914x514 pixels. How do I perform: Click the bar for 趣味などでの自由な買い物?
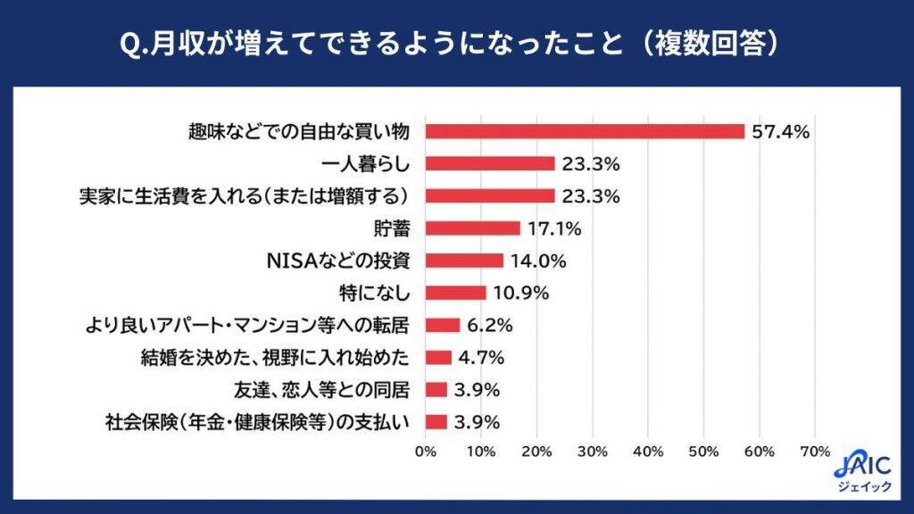pyautogui.click(x=585, y=131)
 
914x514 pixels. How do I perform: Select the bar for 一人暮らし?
pyautogui.click(x=490, y=163)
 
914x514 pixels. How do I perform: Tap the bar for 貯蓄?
pyautogui.click(x=473, y=228)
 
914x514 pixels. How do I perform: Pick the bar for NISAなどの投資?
pyautogui.click(x=464, y=261)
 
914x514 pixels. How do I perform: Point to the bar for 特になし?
pyautogui.click(x=455, y=293)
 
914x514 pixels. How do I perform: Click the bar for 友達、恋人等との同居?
pyautogui.click(x=436, y=389)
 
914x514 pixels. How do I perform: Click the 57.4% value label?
pyautogui.click(x=780, y=132)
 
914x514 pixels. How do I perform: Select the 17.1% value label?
pyautogui.click(x=553, y=229)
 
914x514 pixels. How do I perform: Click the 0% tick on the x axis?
pyautogui.click(x=426, y=451)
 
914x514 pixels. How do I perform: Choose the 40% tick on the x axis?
pyautogui.click(x=649, y=451)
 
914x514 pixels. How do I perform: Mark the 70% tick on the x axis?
pyautogui.click(x=816, y=451)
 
